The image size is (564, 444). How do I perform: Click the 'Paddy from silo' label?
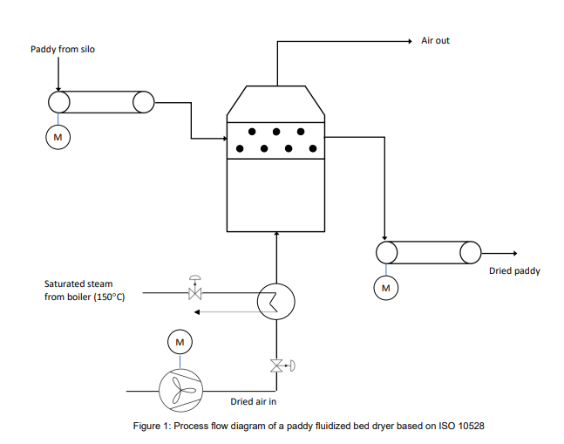tap(63, 50)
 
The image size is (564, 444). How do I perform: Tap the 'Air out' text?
tap(435, 41)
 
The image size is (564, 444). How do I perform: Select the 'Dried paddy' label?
tap(514, 271)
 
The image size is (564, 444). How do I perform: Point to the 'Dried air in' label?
tap(254, 402)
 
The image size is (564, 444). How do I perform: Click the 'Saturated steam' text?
tap(78, 284)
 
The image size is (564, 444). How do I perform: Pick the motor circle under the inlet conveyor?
tap(58, 137)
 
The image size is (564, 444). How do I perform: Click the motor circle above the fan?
tap(180, 342)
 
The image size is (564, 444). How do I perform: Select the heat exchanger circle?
tap(276, 302)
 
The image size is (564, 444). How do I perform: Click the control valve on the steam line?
tap(194, 291)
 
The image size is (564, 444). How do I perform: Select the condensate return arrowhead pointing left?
tap(197, 311)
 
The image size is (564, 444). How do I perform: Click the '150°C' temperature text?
tap(109, 297)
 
